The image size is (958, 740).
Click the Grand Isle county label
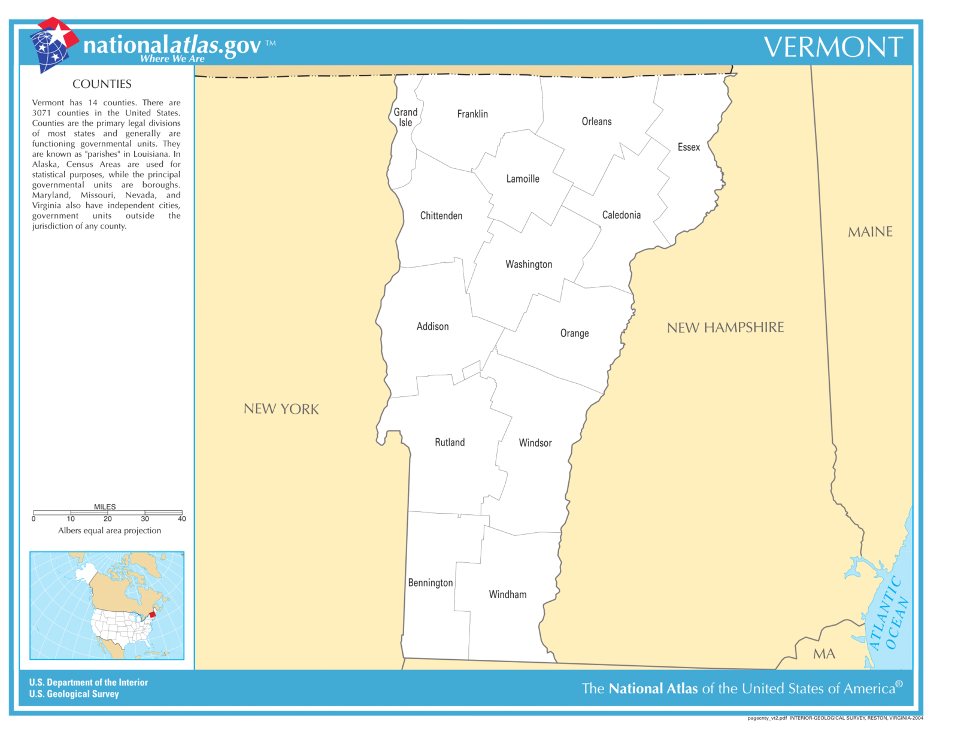click(405, 117)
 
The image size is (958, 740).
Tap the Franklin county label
click(472, 114)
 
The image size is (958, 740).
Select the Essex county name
click(689, 147)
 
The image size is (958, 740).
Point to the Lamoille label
click(523, 179)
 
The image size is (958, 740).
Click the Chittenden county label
click(441, 216)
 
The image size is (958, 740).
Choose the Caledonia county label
click(621, 215)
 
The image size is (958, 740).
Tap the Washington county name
click(529, 264)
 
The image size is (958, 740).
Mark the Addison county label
click(432, 326)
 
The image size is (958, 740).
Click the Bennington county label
click(430, 583)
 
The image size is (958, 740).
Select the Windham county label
click(508, 595)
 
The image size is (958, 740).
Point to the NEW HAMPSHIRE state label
click(725, 327)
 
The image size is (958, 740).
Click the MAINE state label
click(870, 232)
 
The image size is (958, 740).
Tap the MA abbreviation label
click(824, 654)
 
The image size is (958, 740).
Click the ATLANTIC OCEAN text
click(890, 614)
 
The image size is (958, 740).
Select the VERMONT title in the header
click(833, 47)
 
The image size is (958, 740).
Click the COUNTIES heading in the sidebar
click(102, 84)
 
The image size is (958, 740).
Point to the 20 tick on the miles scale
click(108, 518)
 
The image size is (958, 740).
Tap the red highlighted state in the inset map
click(152, 614)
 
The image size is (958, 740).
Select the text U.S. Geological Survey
click(74, 694)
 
